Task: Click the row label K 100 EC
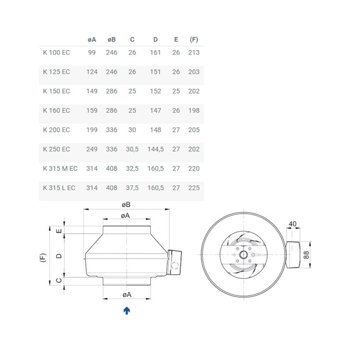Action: [x=56, y=52]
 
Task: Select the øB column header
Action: [x=112, y=39]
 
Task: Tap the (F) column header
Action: [x=194, y=39]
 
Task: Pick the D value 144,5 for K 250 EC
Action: [x=155, y=149]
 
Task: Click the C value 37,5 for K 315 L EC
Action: [x=132, y=188]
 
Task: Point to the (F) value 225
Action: [x=194, y=188]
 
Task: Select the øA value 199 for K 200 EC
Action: [x=92, y=130]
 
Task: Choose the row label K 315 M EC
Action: [x=60, y=168]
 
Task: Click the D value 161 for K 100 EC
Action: [x=155, y=52]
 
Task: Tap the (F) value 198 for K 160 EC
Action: [x=194, y=110]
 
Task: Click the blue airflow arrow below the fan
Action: [x=127, y=311]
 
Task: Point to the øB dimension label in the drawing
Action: [x=126, y=204]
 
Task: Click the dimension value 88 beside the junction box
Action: [x=306, y=254]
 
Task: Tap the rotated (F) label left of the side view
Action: [x=42, y=257]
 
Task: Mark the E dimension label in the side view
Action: [x=59, y=231]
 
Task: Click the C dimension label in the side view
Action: [x=59, y=281]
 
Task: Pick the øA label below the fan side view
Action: [x=126, y=294]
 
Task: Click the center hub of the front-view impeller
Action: [x=243, y=254]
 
